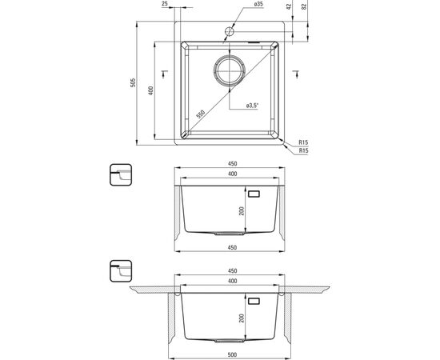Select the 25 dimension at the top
coord(164,5)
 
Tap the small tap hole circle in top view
coord(229,31)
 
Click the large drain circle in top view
coord(229,70)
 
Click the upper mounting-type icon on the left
coord(119,175)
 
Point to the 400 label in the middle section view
coord(232,174)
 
